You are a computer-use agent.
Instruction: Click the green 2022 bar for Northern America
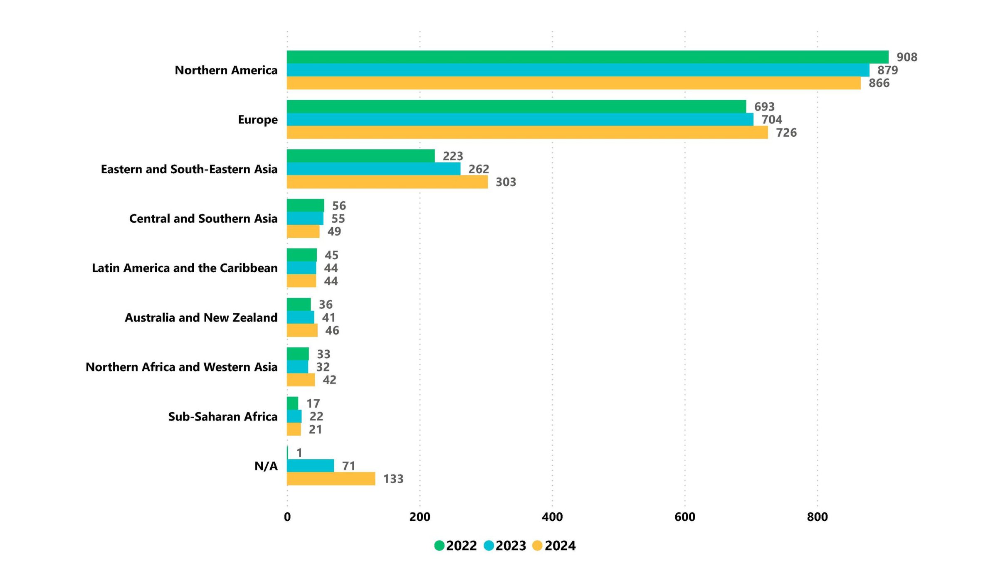[x=587, y=57]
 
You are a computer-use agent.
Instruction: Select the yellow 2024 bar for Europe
[x=527, y=133]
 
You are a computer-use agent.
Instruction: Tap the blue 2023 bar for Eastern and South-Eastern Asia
[x=373, y=169]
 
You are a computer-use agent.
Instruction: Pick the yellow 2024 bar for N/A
[x=331, y=479]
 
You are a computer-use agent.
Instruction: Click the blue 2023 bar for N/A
[x=310, y=466]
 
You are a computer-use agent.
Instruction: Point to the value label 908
[x=907, y=57]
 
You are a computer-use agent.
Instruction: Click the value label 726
[x=786, y=133]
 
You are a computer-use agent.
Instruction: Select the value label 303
[x=506, y=182]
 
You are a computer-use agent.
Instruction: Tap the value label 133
[x=393, y=479]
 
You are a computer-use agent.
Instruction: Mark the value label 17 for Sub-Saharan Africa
[x=313, y=404]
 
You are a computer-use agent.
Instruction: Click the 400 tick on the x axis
[x=552, y=517]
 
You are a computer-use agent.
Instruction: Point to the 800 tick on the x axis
[x=817, y=517]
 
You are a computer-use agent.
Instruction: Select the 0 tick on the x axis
[x=287, y=517]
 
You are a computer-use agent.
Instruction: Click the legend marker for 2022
[x=439, y=546]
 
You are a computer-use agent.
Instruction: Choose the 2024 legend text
[x=560, y=546]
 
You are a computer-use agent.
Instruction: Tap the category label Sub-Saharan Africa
[x=222, y=416]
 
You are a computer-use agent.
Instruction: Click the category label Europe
[x=257, y=120]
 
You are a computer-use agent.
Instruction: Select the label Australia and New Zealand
[x=201, y=317]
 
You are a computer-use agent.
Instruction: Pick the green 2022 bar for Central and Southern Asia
[x=305, y=206]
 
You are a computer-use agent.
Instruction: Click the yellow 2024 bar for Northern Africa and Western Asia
[x=301, y=380]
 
